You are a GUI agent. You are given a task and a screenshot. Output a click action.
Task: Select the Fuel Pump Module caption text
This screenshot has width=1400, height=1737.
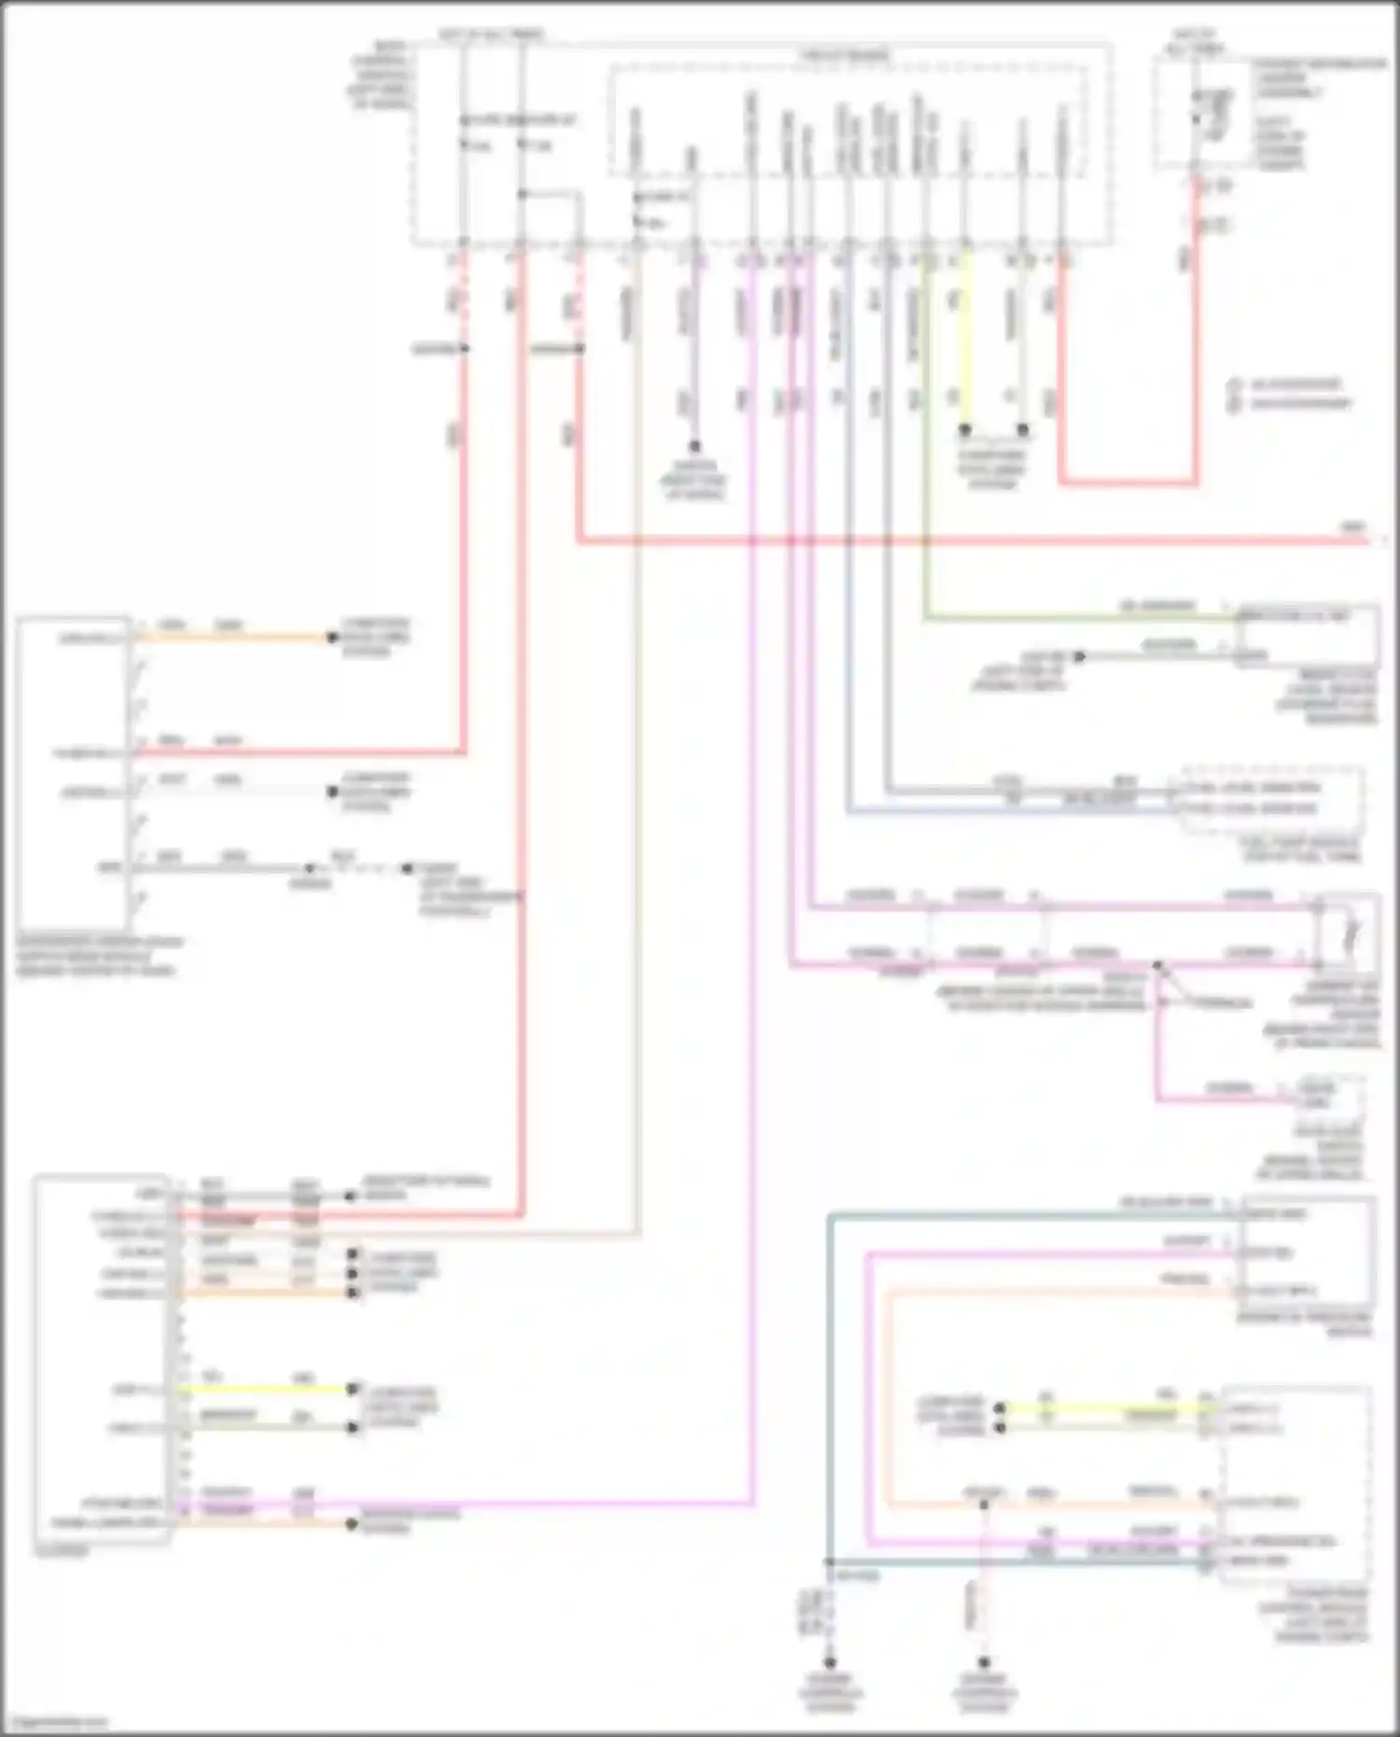pyautogui.click(x=1302, y=849)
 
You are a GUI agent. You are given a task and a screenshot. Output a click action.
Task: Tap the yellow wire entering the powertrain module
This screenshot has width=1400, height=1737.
pyautogui.click(x=1101, y=1408)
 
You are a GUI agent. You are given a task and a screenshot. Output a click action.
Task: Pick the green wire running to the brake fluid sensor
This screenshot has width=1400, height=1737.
pyautogui.click(x=1073, y=617)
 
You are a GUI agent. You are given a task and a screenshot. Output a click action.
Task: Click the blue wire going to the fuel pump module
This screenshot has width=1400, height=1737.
pyautogui.click(x=1008, y=812)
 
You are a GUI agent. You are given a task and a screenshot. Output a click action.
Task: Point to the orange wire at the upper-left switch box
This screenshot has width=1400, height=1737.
pyautogui.click(x=233, y=638)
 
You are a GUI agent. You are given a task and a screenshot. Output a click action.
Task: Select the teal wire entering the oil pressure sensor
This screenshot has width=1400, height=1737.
pyautogui.click(x=1027, y=1214)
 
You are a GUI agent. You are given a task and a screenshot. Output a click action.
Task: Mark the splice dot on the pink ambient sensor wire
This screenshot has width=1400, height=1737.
pyautogui.click(x=1157, y=964)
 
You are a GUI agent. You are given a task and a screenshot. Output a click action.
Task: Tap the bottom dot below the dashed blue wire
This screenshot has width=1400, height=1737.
pyautogui.click(x=830, y=1662)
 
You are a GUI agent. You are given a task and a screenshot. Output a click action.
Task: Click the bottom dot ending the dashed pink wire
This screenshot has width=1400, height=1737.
pyautogui.click(x=984, y=1662)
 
